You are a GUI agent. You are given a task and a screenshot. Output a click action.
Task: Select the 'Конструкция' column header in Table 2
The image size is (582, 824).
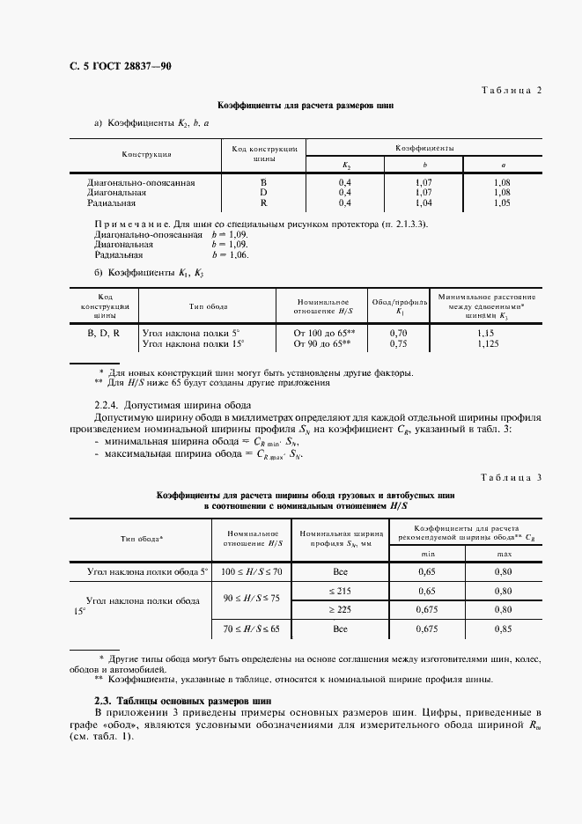[x=147, y=154]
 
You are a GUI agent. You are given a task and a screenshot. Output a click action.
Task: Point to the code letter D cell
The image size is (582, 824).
[x=262, y=192]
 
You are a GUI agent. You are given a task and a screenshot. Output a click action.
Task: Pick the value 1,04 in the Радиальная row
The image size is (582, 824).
[x=424, y=202]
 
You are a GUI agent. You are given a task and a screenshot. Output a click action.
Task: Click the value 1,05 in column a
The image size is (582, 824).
[x=502, y=202]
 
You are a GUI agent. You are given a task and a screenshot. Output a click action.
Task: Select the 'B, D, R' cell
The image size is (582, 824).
[x=104, y=334]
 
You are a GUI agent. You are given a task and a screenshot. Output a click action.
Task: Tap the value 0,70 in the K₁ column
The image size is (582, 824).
[x=398, y=334]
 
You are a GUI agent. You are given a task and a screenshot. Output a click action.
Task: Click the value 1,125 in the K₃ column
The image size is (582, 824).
[x=486, y=343]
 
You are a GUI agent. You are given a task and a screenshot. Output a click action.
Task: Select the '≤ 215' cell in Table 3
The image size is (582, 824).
[x=340, y=590]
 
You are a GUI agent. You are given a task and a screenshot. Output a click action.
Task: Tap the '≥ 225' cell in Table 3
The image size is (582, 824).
[x=340, y=608]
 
